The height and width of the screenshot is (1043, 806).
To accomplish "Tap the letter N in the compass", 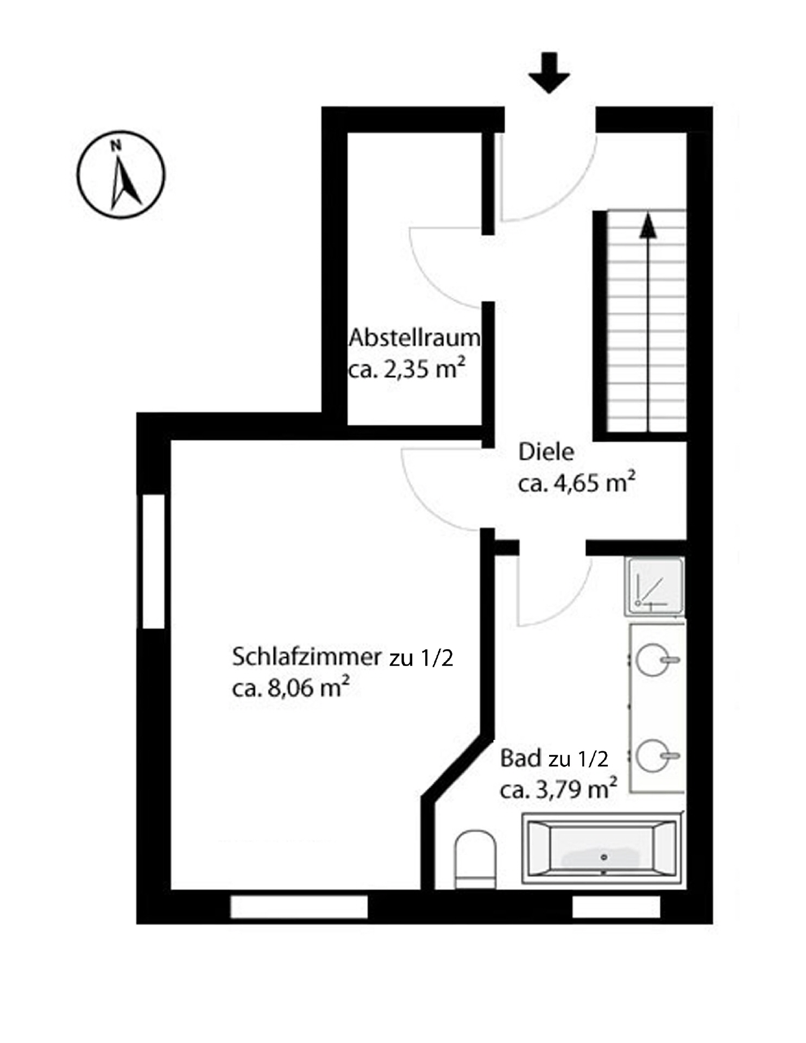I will point(115,145).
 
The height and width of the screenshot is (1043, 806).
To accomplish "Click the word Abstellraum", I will point(414,338).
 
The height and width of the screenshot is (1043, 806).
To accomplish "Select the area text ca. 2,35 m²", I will point(407,369).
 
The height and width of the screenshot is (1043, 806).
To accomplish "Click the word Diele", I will point(546,452).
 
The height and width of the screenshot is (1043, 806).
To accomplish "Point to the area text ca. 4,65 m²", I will point(576,483).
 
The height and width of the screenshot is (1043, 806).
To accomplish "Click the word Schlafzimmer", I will point(307,657).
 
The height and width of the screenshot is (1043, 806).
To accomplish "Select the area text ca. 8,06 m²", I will point(290,688).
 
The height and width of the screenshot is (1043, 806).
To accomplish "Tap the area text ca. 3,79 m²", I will point(558,789).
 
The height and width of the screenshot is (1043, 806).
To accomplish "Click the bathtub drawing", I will point(602,848).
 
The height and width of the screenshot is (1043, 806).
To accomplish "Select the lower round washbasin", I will point(653,756).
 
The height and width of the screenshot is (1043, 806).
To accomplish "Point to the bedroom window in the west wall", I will point(154,561).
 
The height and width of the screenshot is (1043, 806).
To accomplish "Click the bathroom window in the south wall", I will point(616,907).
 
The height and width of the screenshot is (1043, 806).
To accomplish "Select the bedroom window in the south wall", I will point(299,907).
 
